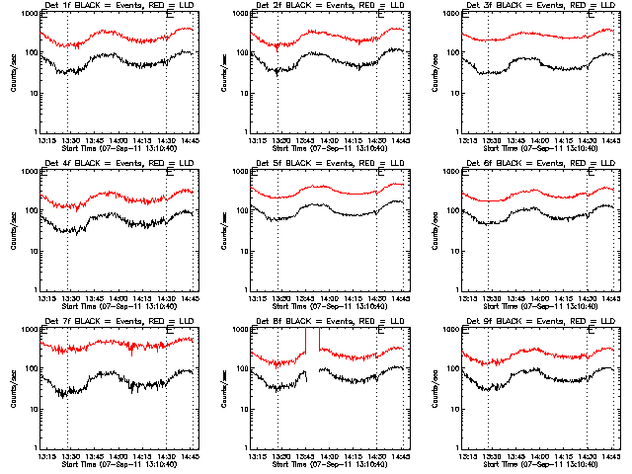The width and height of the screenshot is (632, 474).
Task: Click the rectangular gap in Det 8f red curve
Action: point(312,341)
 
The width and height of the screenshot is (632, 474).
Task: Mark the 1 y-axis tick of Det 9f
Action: point(456,447)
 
